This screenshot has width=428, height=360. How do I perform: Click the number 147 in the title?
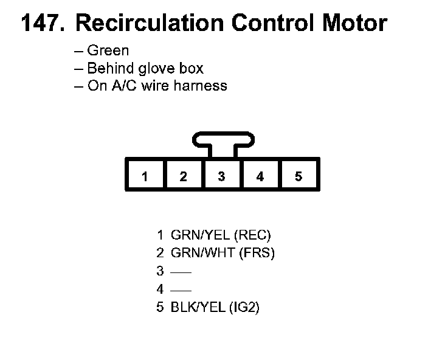point(41,23)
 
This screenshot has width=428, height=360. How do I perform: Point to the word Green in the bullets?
point(108,51)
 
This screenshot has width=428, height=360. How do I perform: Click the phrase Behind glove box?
point(145,68)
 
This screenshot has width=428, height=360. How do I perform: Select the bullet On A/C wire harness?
point(157,85)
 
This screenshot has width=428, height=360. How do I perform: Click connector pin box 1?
point(145,176)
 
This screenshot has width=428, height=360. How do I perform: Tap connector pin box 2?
point(183,176)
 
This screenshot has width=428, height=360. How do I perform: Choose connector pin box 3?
point(221,176)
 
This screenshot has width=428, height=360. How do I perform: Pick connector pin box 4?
point(260,176)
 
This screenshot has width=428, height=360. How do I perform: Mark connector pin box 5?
point(299,176)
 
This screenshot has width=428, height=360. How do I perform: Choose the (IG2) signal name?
point(245,308)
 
